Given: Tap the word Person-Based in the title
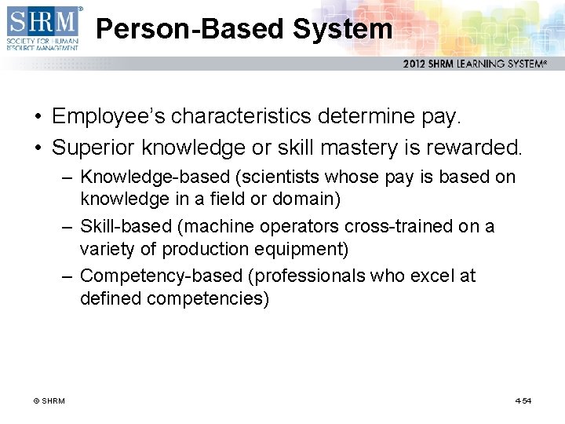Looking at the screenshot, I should (191, 29).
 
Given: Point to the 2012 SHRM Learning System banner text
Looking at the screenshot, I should (475, 64).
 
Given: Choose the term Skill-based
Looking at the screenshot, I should (126, 227).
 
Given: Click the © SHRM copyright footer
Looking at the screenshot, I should (49, 401).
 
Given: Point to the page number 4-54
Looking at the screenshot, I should (523, 401).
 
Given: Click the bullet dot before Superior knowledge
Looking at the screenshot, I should (38, 147).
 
